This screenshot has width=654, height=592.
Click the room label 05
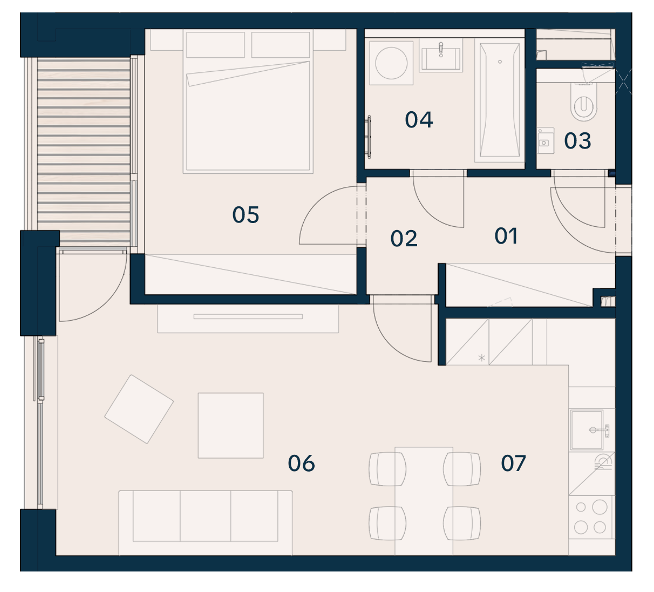pyautogui.click(x=246, y=215)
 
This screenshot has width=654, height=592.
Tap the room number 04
pyautogui.click(x=419, y=120)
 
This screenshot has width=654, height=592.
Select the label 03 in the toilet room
pyautogui.click(x=577, y=141)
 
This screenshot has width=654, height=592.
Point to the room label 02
pyautogui.click(x=404, y=239)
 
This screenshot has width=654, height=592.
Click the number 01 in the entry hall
pyautogui.click(x=506, y=236)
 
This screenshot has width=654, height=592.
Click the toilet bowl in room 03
pyautogui.click(x=583, y=102)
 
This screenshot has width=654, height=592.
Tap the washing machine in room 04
pyautogui.click(x=391, y=63)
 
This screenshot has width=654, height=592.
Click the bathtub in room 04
pyautogui.click(x=500, y=100)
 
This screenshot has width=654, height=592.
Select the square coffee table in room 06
pyautogui.click(x=230, y=426)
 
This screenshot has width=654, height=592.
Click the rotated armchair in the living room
pyautogui.click(x=139, y=409)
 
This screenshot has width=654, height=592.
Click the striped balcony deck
pyautogui.click(x=84, y=151)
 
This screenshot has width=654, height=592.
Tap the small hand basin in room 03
pyautogui.click(x=545, y=140)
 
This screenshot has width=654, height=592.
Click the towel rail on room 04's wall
pyautogui.click(x=370, y=137)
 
